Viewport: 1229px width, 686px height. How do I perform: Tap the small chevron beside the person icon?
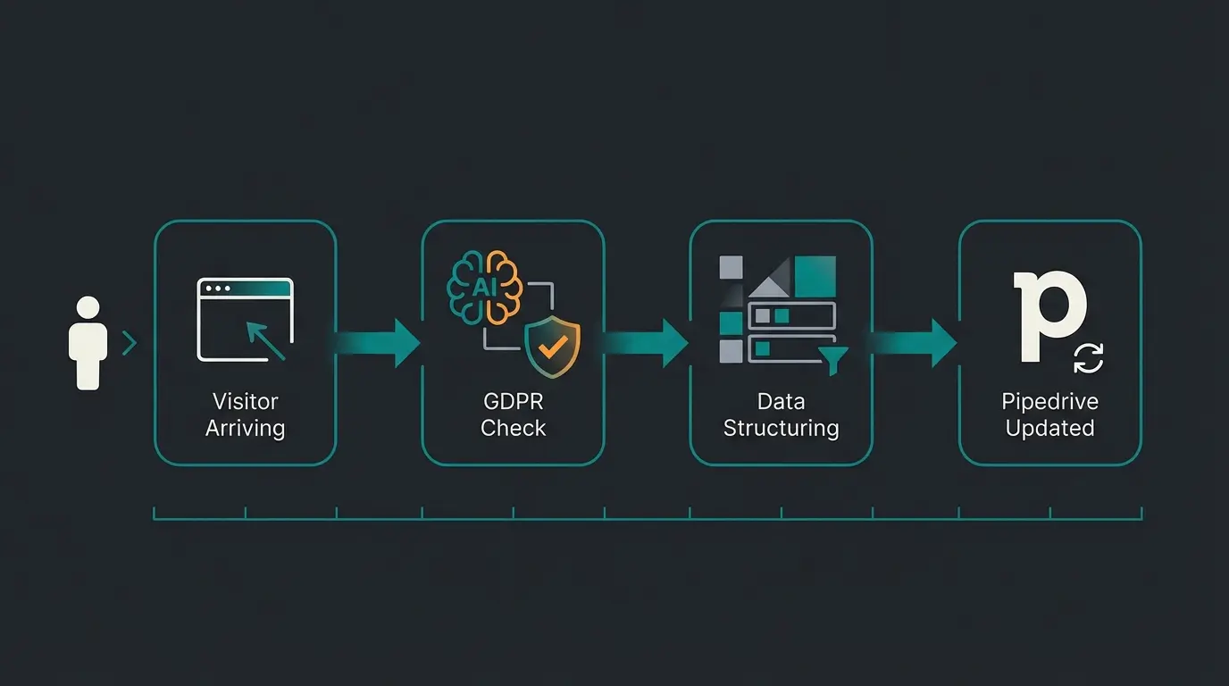(x=130, y=343)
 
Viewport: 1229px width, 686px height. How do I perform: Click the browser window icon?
(x=245, y=319)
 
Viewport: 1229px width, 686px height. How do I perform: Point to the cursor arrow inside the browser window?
(x=265, y=341)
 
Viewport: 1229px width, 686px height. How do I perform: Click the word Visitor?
(x=245, y=401)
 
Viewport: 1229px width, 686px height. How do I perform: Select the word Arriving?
(x=245, y=428)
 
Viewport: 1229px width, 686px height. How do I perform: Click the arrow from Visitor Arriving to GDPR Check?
(x=379, y=343)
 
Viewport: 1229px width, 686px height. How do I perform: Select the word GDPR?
(x=513, y=401)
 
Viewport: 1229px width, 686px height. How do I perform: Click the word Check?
(x=513, y=428)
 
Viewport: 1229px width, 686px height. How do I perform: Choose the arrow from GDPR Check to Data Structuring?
(x=647, y=343)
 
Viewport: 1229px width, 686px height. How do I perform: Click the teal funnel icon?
(x=833, y=358)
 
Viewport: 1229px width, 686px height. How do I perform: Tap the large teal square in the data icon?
(x=815, y=276)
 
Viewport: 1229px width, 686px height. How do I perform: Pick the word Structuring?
(x=781, y=428)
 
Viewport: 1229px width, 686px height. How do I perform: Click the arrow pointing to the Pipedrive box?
(x=915, y=343)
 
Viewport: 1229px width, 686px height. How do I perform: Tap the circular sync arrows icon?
(x=1088, y=359)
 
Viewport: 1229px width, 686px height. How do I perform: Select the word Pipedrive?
(x=1049, y=401)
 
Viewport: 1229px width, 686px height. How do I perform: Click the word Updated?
(x=1049, y=428)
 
